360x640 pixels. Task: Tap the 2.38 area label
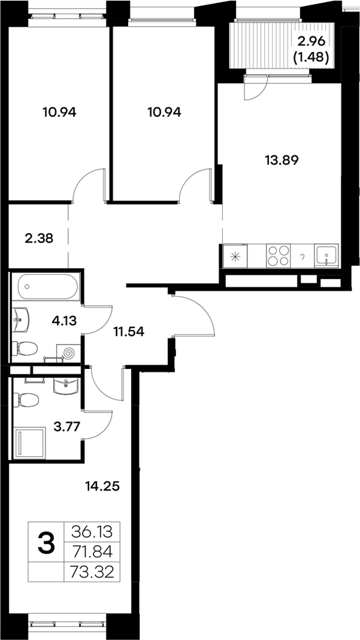(38, 238)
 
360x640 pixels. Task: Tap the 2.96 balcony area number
(311, 42)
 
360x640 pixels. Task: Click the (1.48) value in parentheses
(311, 58)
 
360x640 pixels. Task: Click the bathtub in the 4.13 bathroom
(46, 286)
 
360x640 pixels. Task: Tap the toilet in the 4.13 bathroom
(26, 349)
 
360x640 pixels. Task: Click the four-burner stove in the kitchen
(278, 255)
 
